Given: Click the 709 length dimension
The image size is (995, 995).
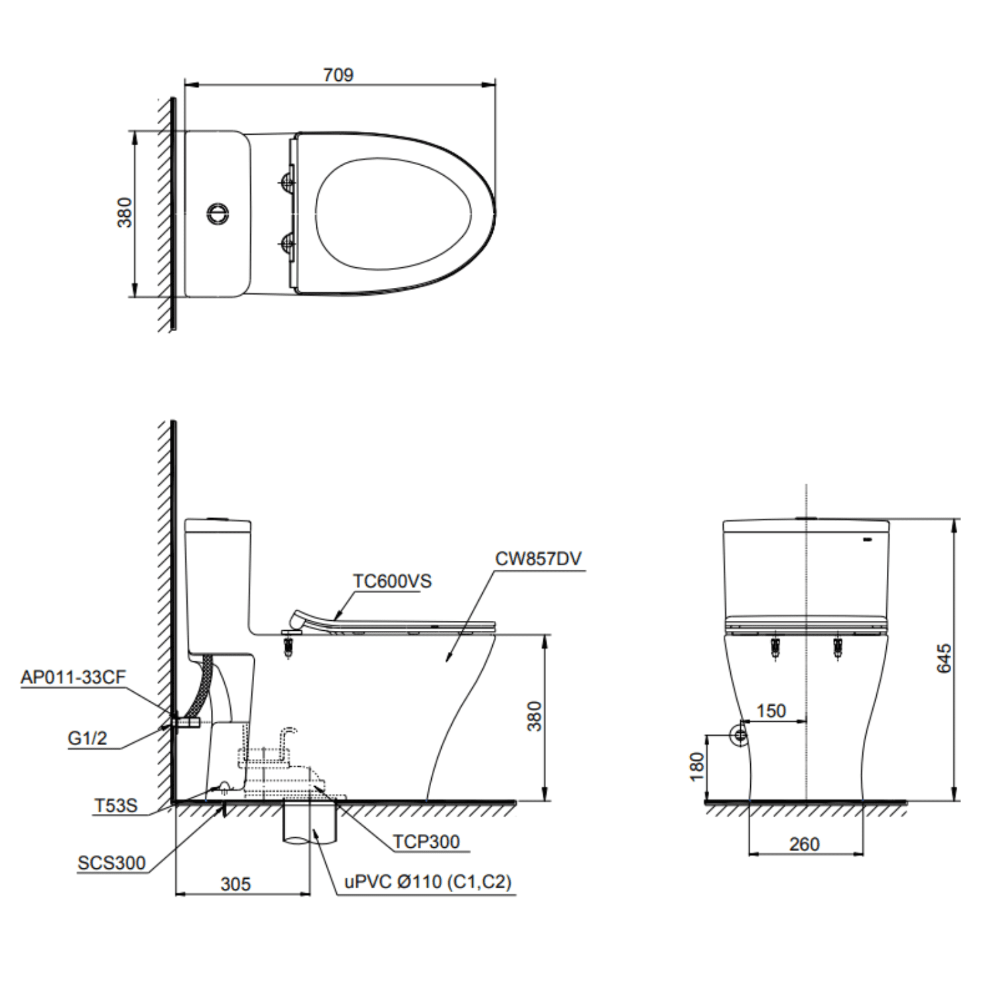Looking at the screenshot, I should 338,75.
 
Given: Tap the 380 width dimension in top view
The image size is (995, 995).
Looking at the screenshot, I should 125,212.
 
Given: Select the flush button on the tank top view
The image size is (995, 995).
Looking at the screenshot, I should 218,214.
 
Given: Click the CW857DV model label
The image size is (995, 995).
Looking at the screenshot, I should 538,559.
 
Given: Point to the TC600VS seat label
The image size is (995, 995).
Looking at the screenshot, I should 391,581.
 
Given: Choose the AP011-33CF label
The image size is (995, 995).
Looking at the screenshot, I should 73,677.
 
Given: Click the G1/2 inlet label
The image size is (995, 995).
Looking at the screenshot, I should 87,738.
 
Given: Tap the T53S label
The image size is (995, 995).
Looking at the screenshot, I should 115,805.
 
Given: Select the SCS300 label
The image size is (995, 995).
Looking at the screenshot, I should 111,863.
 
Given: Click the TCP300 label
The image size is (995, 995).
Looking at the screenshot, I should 426,842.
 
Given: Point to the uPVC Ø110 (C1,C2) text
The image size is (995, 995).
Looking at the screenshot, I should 428,882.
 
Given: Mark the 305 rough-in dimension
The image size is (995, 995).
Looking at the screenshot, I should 235,884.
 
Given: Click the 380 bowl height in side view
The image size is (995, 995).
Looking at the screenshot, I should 535,716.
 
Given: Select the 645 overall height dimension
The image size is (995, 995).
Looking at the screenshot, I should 944,658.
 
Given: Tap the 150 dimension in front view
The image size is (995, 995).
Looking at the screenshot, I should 771,711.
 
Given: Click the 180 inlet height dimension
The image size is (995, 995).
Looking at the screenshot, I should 696,766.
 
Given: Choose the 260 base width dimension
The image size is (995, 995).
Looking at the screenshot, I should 804,844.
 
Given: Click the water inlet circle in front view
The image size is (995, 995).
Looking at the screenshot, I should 739,735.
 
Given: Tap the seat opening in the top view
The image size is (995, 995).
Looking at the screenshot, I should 393,214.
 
